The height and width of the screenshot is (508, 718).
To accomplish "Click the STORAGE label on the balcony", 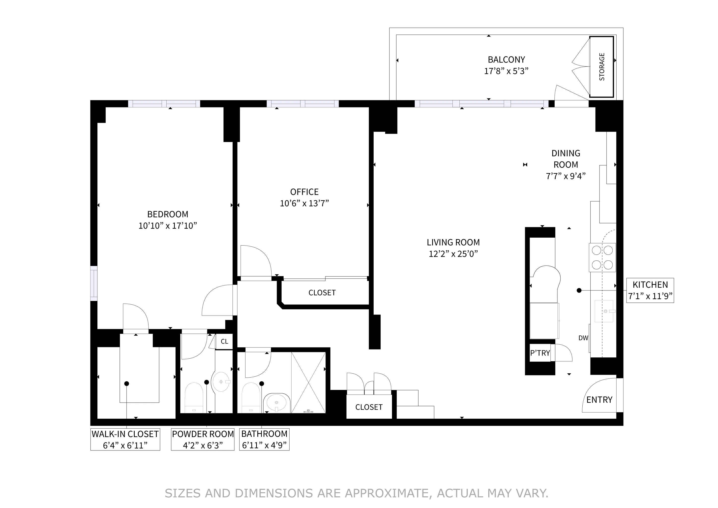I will (602, 67).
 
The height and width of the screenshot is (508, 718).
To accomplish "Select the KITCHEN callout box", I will (650, 290).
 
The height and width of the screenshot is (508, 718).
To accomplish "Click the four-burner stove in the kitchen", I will (602, 257).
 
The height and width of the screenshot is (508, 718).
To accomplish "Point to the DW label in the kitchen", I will (583, 338).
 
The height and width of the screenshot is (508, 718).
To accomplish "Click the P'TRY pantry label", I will (540, 353).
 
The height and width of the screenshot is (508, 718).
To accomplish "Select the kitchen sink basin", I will (603, 311).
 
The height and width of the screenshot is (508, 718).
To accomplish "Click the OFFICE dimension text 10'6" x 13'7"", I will (304, 204).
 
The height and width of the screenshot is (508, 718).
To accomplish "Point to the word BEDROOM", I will (168, 214).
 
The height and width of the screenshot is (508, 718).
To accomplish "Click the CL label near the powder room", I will (224, 341).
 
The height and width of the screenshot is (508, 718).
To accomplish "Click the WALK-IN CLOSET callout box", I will (125, 440).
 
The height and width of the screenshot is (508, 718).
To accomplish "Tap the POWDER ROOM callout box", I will (203, 440).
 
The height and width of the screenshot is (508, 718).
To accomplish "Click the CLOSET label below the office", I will (322, 293).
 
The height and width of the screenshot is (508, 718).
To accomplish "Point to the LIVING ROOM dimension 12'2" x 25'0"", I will (453, 254).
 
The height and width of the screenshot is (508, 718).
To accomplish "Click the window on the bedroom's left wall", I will (94, 284).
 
